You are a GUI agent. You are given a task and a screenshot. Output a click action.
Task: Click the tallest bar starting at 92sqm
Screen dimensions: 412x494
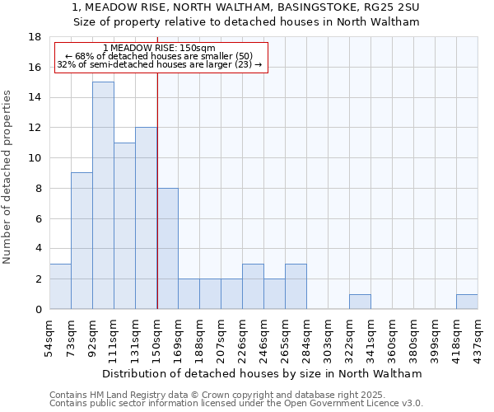[x=103, y=195]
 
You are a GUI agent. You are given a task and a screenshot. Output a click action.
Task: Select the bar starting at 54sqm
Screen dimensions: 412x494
[x=60, y=286]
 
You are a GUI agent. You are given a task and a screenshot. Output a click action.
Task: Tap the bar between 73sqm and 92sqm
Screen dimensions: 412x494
[x=82, y=241]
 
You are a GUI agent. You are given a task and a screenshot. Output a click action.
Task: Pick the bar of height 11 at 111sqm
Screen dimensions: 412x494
[x=124, y=226]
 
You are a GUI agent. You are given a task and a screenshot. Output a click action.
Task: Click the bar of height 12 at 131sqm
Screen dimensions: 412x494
[x=146, y=218]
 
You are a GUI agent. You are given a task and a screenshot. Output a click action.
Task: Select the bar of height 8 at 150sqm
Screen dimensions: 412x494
[x=167, y=248]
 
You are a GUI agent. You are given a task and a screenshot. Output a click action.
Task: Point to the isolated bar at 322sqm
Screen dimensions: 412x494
[x=360, y=302]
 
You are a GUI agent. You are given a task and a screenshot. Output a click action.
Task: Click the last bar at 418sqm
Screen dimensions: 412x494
[x=467, y=302]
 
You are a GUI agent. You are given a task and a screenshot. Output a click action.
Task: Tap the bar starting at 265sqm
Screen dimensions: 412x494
[x=296, y=286]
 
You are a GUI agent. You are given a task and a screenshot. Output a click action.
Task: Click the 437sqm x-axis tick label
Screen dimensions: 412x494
[x=478, y=339]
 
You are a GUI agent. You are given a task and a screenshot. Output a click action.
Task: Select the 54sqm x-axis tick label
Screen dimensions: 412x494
[x=50, y=339]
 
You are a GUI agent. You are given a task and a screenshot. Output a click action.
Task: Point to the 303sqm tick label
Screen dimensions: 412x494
[x=329, y=339]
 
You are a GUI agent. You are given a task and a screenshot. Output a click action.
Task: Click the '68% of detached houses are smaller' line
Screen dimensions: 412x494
[x=161, y=56]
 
